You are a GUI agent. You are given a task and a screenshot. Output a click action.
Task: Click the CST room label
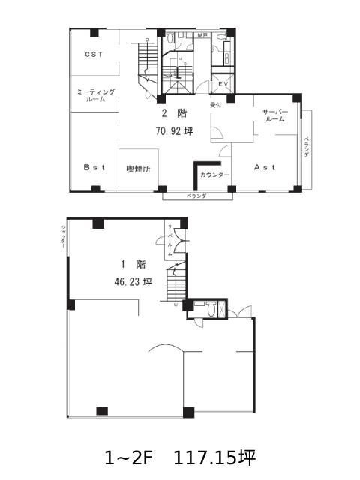pyautogui.click(x=93, y=54)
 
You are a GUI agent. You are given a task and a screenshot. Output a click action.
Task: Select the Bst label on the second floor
pyautogui.click(x=92, y=168)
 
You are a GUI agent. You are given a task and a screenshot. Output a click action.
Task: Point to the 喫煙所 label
pyautogui.click(x=138, y=169)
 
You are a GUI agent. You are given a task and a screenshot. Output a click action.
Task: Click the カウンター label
pyautogui.click(x=215, y=175)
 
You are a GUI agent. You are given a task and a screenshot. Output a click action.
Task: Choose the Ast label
pyautogui.click(x=265, y=167)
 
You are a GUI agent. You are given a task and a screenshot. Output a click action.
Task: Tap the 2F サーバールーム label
pyautogui.click(x=274, y=115)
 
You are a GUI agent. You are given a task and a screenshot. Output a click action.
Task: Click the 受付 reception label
pyautogui.click(x=216, y=104)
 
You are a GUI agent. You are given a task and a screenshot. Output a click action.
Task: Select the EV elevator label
pyautogui.click(x=223, y=83)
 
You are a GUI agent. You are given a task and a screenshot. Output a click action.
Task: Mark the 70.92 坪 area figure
pyautogui.click(x=174, y=130)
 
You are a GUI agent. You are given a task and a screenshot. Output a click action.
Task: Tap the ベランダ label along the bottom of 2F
pyautogui.click(x=196, y=196)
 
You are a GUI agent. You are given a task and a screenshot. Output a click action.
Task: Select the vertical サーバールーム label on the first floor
pyautogui.click(x=171, y=241)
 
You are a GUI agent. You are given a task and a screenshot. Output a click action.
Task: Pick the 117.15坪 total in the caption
pyautogui.click(x=215, y=456)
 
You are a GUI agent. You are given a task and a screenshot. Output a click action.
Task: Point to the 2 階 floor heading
pyautogui.click(x=174, y=114)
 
